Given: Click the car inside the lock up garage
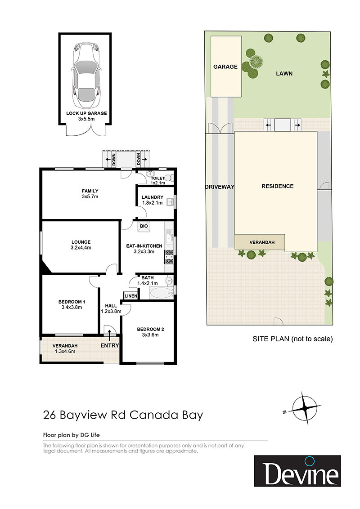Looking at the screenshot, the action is click(x=86, y=75).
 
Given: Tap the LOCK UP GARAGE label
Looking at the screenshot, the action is click(x=86, y=113).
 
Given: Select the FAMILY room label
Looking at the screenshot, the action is click(x=90, y=191).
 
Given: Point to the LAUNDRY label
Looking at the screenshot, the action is click(x=153, y=197).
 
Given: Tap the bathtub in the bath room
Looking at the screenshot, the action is click(x=162, y=293).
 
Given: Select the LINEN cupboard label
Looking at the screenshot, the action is click(x=131, y=296).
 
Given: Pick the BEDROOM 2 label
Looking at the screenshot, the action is click(x=150, y=329).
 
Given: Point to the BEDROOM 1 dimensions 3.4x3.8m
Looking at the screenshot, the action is click(x=72, y=307).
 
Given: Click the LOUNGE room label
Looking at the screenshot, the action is click(x=81, y=242).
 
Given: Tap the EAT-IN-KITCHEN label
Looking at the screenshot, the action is click(x=144, y=246).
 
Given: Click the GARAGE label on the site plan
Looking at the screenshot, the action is click(x=225, y=67).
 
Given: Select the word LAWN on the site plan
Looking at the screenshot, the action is click(x=284, y=74).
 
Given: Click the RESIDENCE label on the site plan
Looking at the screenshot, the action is click(x=278, y=186).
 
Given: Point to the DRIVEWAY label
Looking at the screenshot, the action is click(x=220, y=187).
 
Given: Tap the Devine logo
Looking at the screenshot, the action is click(x=297, y=471).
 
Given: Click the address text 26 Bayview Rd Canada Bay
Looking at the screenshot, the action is click(x=123, y=415).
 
